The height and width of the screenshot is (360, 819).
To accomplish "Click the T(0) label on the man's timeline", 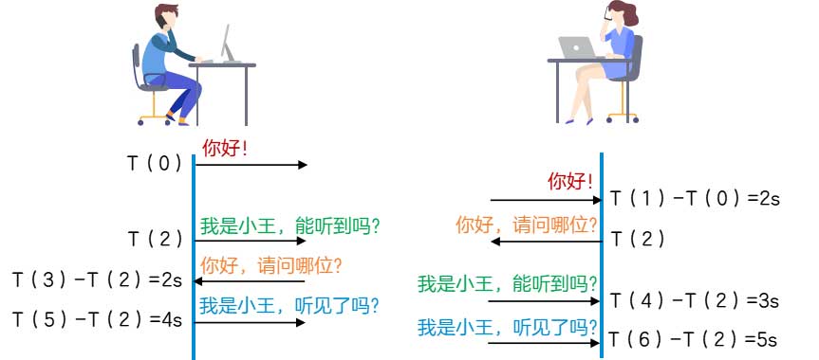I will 154,163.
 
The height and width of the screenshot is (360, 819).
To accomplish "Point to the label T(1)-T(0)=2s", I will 694,199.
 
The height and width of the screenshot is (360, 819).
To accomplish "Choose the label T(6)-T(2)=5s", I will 694,337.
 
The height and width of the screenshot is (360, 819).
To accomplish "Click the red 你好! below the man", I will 224,148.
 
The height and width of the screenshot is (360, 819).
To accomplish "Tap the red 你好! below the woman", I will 571,182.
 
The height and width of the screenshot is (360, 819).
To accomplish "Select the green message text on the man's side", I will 289,226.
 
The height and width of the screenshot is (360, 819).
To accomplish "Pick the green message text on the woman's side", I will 508,282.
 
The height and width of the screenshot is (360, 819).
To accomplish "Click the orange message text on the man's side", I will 270,264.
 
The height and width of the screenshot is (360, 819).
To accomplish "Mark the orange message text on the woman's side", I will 527,225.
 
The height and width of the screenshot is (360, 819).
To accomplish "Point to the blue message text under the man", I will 289,305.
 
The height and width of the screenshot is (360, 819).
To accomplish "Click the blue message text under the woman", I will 508,326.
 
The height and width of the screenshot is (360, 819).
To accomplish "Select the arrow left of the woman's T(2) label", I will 546,242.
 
